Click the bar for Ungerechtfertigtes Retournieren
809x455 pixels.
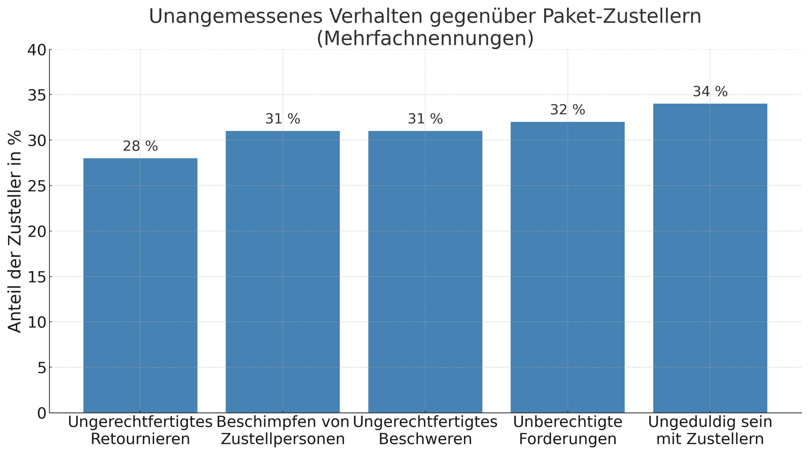pos(140,286)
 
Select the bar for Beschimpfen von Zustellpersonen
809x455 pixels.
pos(283,272)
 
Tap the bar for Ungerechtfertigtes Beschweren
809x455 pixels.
pos(425,272)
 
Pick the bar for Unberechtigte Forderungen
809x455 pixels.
pos(567,267)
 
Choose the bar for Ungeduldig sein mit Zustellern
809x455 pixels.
pos(710,258)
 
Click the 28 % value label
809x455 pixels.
pos(140,146)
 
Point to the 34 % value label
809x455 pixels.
pos(710,92)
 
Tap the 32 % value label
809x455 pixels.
pos(567,110)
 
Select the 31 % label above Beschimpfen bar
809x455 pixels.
pos(283,119)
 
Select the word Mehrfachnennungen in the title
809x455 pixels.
pos(425,39)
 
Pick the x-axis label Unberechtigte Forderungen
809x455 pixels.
pos(567,430)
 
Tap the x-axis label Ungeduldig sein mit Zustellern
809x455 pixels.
pos(710,430)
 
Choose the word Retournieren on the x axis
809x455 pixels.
pos(140,439)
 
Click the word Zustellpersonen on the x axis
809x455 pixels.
pos(283,439)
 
